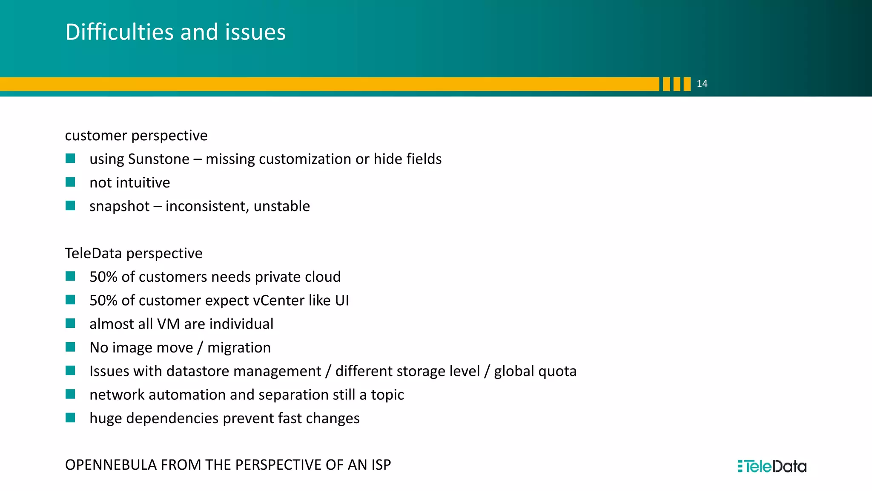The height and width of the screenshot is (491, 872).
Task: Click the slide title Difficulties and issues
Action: (175, 32)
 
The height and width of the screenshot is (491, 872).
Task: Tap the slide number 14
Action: (702, 84)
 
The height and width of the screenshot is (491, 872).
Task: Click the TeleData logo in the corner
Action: (772, 466)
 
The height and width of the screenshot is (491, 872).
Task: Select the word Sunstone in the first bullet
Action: (158, 159)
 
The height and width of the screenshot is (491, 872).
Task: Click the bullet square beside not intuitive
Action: (70, 182)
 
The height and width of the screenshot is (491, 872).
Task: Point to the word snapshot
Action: (119, 206)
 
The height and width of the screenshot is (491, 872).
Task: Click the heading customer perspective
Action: (136, 136)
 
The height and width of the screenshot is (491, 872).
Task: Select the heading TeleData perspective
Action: (133, 253)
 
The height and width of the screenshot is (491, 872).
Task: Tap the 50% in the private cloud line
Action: (103, 277)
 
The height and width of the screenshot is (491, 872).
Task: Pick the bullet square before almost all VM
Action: (70, 324)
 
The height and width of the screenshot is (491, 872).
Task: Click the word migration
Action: (239, 348)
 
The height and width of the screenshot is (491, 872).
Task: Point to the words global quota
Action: (535, 371)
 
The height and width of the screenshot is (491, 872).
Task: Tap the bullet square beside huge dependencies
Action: (70, 418)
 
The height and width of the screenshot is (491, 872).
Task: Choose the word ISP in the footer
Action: (381, 465)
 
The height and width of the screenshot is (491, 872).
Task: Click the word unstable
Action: (281, 206)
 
